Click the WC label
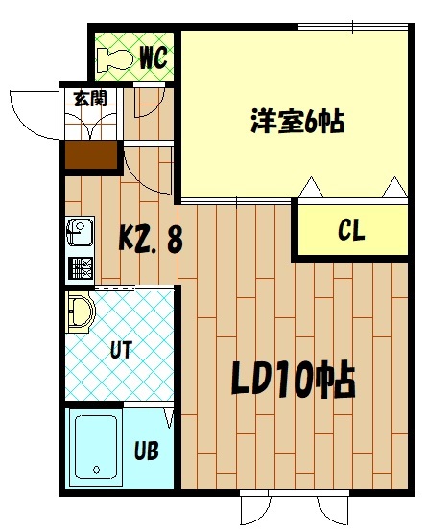(x=154, y=58)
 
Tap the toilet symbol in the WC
(x=116, y=58)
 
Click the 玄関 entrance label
(x=90, y=97)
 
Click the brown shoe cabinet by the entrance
(x=91, y=154)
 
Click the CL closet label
(x=350, y=231)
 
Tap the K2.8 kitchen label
(x=151, y=239)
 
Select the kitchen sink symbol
(x=80, y=233)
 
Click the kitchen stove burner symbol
(x=80, y=266)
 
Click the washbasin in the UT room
(x=82, y=311)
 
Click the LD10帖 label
(x=293, y=382)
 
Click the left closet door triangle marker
(x=311, y=188)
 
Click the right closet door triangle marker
(x=392, y=188)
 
